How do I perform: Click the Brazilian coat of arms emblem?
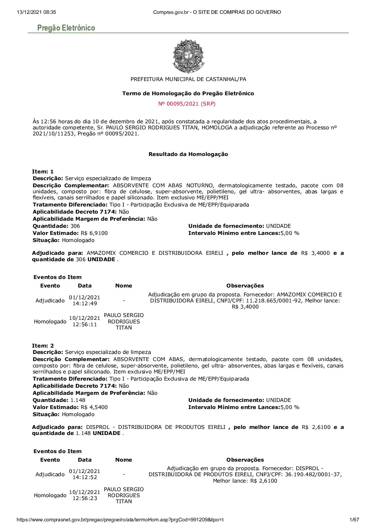click(x=188, y=56)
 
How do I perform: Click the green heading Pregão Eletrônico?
click(x=66, y=28)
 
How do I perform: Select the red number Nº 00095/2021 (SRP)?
click(x=187, y=104)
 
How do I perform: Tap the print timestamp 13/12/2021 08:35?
click(x=36, y=12)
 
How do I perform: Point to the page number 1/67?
click(x=354, y=520)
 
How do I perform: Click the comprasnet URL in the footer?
click(x=120, y=520)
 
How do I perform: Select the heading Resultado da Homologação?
click(x=188, y=154)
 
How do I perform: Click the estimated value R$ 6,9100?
click(x=94, y=233)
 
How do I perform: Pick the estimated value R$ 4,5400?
click(x=94, y=407)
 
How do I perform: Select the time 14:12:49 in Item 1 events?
click(x=85, y=303)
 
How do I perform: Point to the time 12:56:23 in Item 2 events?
click(x=85, y=498)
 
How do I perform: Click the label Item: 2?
click(x=43, y=345)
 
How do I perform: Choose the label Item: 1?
click(x=43, y=172)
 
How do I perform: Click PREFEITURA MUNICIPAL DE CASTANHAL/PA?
click(x=188, y=79)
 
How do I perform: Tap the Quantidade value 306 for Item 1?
click(x=75, y=226)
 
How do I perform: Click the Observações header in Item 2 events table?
click(x=245, y=460)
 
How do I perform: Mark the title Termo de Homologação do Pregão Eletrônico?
click(x=188, y=93)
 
